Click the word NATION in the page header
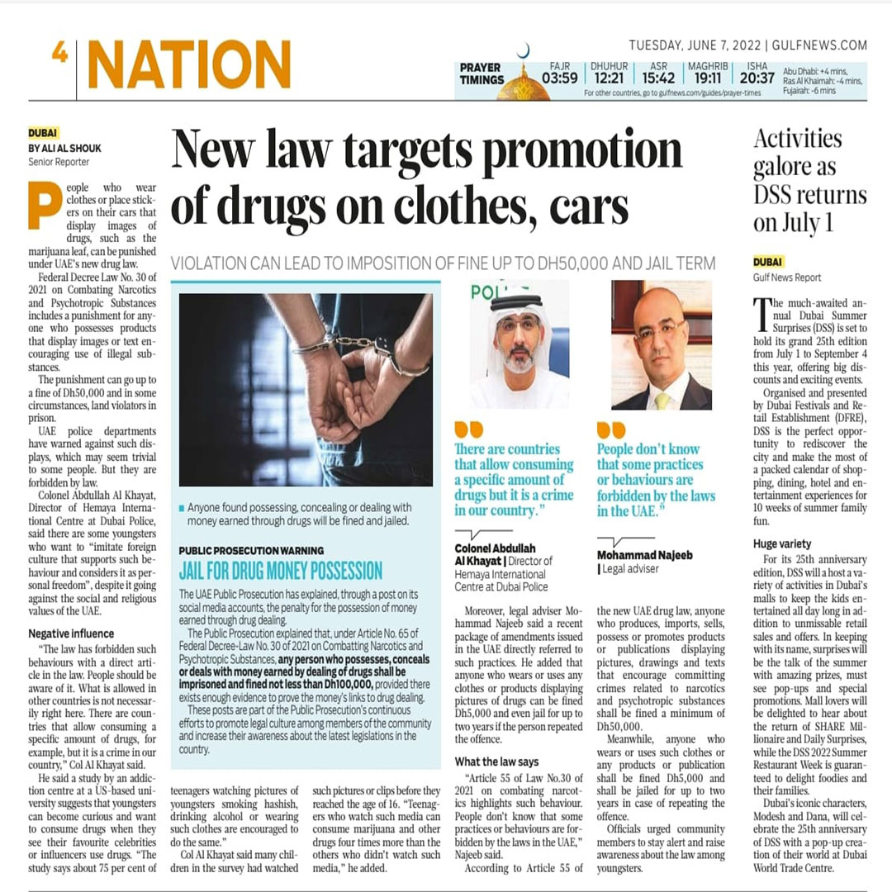(x=189, y=64)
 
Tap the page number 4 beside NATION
(x=59, y=53)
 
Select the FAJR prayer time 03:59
(x=559, y=78)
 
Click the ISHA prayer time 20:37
(x=757, y=78)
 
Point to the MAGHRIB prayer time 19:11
(x=707, y=78)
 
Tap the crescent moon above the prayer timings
(x=523, y=51)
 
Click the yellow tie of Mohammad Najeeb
(x=662, y=401)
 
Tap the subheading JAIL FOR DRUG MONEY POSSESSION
(x=281, y=571)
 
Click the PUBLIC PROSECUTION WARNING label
(x=251, y=550)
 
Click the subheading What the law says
(x=496, y=762)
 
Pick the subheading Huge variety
(x=782, y=543)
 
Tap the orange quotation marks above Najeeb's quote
(x=611, y=430)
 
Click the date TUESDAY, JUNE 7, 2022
(x=695, y=45)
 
